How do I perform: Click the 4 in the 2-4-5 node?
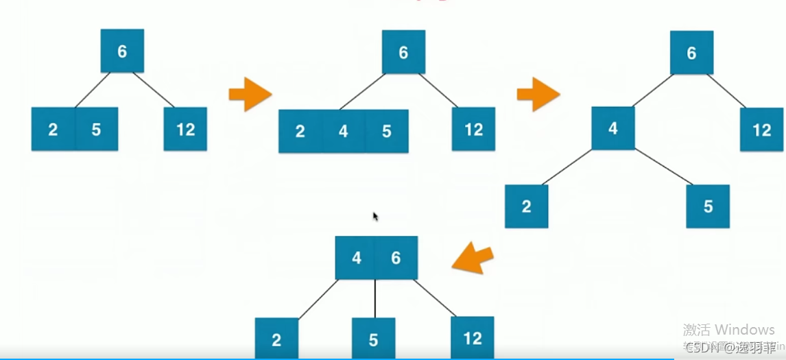tap(344, 131)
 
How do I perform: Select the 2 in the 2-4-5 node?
tap(300, 131)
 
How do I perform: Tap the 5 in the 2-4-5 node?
tap(387, 131)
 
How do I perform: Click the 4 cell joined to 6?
tap(356, 258)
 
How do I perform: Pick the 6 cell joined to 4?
tap(396, 258)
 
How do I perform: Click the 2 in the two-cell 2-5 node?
tap(53, 129)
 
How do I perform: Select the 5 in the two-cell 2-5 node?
tap(96, 129)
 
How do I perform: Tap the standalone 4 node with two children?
tap(613, 128)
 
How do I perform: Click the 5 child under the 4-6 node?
tap(374, 339)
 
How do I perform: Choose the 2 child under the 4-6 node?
tap(276, 339)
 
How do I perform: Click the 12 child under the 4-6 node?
tap(472, 337)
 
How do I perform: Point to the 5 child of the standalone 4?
tap(708, 206)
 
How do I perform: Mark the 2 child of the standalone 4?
tap(526, 206)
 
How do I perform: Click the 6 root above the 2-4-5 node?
tap(403, 53)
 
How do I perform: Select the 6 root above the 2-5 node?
tap(122, 51)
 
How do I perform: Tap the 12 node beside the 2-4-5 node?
tap(473, 129)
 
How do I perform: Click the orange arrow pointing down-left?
tap(473, 258)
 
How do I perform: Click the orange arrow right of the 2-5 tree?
tap(250, 94)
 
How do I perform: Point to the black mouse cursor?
tap(376, 217)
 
